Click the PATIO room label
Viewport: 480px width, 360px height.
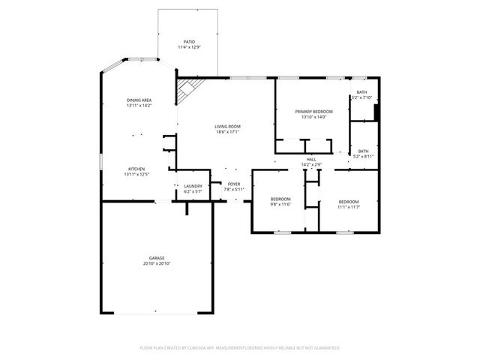pyautogui.click(x=189, y=42)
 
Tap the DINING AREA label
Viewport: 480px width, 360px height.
pyautogui.click(x=139, y=100)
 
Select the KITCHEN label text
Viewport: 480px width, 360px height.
pyautogui.click(x=136, y=169)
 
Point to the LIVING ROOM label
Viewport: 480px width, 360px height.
pyautogui.click(x=228, y=127)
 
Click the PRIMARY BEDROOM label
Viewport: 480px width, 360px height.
pyautogui.click(x=313, y=111)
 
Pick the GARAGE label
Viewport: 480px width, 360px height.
pyautogui.click(x=157, y=258)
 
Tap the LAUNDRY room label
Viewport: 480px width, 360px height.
pyautogui.click(x=193, y=186)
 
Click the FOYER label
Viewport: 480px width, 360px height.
pyautogui.click(x=234, y=184)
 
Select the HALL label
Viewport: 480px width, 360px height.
pyautogui.click(x=310, y=159)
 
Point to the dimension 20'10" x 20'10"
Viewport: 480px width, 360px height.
pyautogui.click(x=157, y=264)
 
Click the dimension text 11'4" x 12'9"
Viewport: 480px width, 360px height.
pyautogui.click(x=189, y=47)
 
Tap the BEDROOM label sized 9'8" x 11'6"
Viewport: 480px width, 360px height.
pyautogui.click(x=280, y=199)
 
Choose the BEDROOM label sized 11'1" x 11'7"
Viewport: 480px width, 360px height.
pyautogui.click(x=348, y=201)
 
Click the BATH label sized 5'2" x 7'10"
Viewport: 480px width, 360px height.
pyautogui.click(x=362, y=92)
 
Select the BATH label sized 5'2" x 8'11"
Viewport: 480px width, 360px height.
pyautogui.click(x=363, y=151)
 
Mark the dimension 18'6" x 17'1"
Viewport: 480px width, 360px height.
pyautogui.click(x=228, y=133)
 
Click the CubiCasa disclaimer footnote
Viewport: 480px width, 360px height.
pyautogui.click(x=240, y=348)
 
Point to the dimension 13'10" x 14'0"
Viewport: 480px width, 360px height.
pyautogui.click(x=313, y=116)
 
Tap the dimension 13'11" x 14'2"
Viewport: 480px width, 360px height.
pyautogui.click(x=139, y=106)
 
